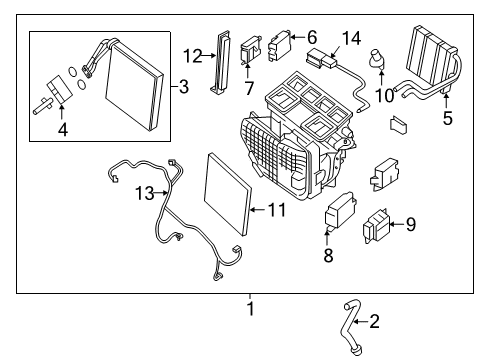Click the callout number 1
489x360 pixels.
(251, 309)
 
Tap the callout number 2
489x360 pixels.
(375, 322)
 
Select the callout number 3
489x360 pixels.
(183, 88)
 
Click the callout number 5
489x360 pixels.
(447, 119)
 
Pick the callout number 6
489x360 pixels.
(311, 35)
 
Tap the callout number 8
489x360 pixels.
(328, 256)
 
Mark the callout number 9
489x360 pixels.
(410, 224)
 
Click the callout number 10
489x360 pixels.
(381, 95)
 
